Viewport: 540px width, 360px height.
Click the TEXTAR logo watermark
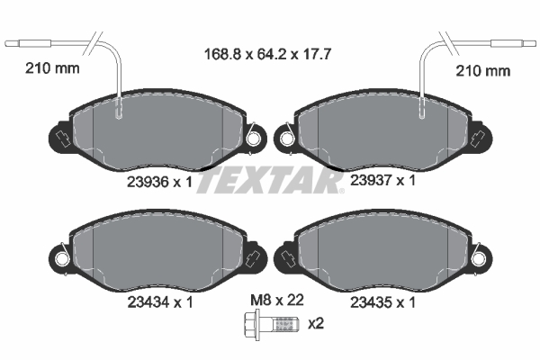(269, 180)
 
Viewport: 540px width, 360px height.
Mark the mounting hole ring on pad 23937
(286, 139)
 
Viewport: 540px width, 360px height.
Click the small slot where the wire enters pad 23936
(120, 113)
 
